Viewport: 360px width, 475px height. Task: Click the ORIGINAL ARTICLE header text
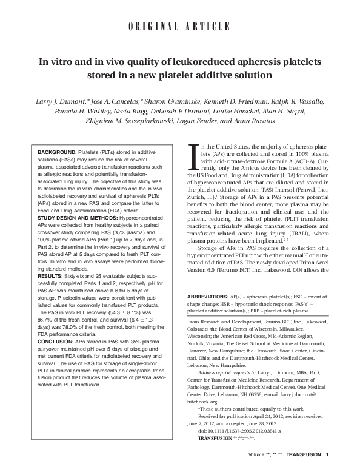180,27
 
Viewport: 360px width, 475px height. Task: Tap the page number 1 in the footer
327,470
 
